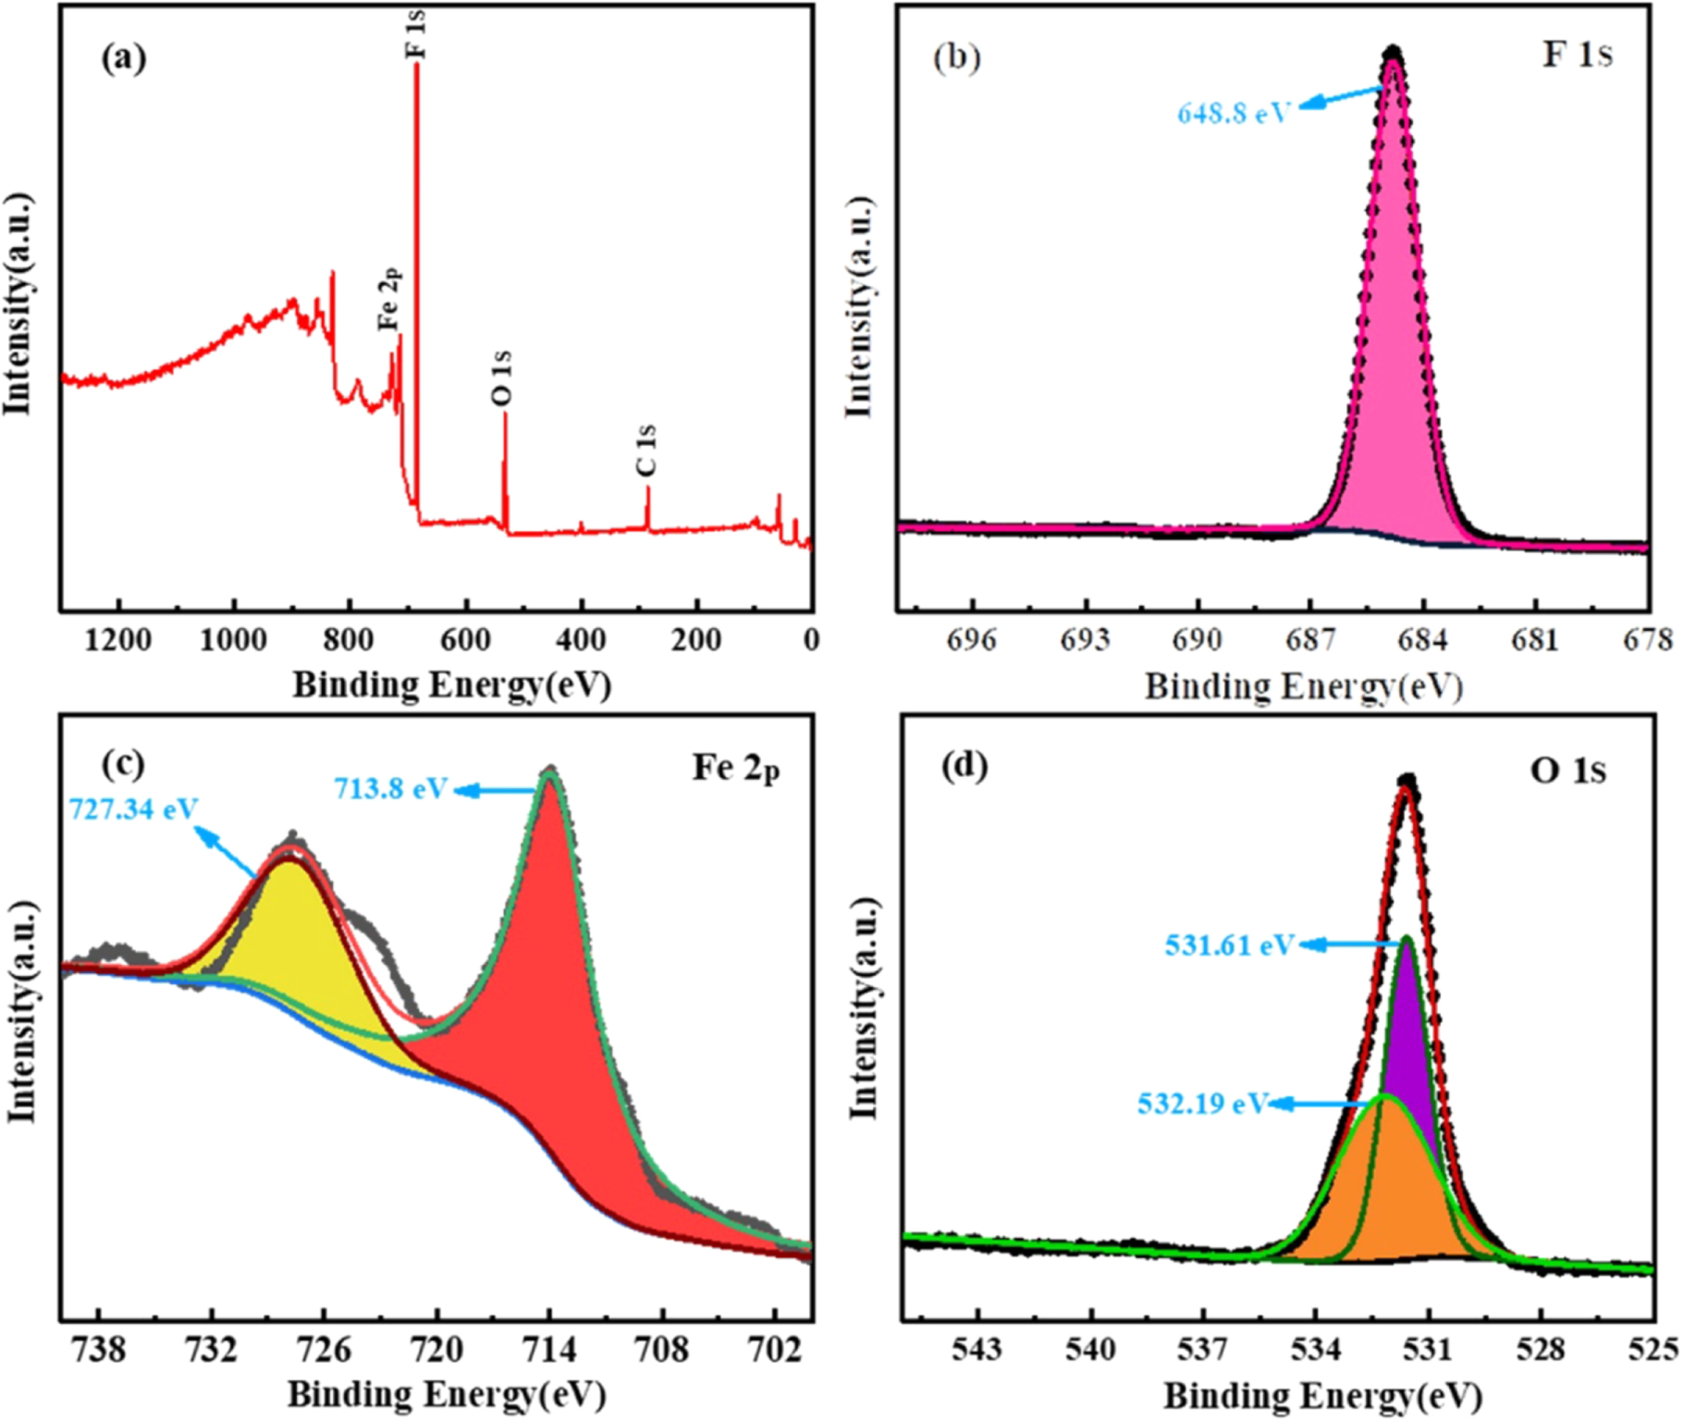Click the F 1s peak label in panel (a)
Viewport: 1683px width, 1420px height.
pyautogui.click(x=417, y=34)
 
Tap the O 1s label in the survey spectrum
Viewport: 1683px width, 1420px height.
pyautogui.click(x=501, y=377)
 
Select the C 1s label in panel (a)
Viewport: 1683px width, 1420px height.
pyautogui.click(x=646, y=450)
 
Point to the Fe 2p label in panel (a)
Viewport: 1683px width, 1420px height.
pyautogui.click(x=390, y=298)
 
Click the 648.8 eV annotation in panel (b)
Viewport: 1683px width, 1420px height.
pyautogui.click(x=1233, y=114)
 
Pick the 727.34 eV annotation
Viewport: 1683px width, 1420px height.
pyautogui.click(x=134, y=809)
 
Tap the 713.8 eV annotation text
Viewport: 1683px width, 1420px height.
pyautogui.click(x=391, y=789)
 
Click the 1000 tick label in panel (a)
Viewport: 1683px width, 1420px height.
pyautogui.click(x=233, y=640)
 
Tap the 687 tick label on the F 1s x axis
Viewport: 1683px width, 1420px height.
pyautogui.click(x=1310, y=640)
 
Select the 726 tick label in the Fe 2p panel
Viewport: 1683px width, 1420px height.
pyautogui.click(x=324, y=1350)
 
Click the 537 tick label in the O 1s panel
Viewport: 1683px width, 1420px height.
pyautogui.click(x=1202, y=1350)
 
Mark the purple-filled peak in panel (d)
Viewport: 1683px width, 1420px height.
pyautogui.click(x=1407, y=1027)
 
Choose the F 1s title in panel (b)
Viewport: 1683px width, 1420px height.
pyautogui.click(x=1577, y=55)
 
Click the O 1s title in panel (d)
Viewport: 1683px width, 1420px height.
pyautogui.click(x=1568, y=771)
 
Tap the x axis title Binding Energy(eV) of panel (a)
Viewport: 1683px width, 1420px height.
pyautogui.click(x=452, y=685)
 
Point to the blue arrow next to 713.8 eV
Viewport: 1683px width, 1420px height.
pyautogui.click(x=495, y=790)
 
